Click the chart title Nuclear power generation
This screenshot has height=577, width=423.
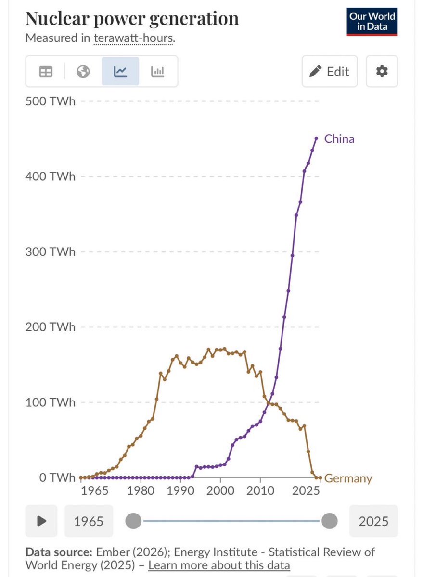(131, 18)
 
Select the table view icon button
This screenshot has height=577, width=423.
(46, 72)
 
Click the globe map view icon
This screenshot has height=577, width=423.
(83, 72)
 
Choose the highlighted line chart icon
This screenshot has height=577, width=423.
(120, 72)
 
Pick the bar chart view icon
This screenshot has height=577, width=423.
(158, 72)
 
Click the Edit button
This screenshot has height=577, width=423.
(330, 72)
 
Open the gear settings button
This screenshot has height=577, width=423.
(382, 72)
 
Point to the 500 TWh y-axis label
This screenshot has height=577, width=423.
(50, 101)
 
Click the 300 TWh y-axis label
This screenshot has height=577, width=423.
(50, 252)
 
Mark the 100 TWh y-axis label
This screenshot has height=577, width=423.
(50, 402)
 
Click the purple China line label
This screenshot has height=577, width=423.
(339, 139)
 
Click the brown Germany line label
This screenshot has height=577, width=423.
(348, 478)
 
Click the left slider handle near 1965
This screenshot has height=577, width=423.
(133, 521)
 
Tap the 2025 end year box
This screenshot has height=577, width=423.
(373, 521)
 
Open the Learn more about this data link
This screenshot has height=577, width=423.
(219, 565)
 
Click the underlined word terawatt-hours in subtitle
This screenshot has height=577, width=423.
(133, 38)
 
